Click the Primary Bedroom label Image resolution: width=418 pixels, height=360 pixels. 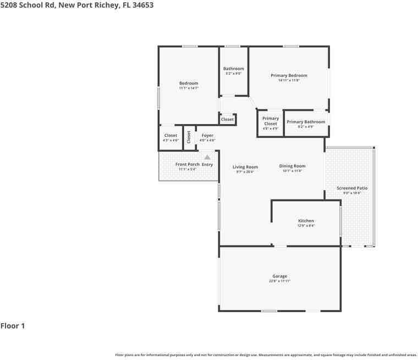point(289,75)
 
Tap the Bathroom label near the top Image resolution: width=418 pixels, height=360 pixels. point(233,69)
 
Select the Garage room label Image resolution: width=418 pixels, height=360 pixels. point(279,276)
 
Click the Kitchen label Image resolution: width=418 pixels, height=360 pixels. point(305,221)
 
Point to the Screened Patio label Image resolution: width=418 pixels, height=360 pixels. point(352,188)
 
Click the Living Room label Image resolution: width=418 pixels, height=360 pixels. point(245,167)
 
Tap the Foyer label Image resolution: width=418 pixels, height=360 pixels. point(207,135)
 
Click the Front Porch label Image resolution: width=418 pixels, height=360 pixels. point(187,164)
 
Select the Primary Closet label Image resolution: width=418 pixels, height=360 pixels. point(271,121)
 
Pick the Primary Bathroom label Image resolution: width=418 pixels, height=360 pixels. point(306,122)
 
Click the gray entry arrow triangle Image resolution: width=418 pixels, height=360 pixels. point(207,157)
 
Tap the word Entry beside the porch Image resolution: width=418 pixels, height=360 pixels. point(207,164)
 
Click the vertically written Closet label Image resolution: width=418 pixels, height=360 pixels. point(189,137)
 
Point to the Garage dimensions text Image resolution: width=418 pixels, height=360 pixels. point(279,281)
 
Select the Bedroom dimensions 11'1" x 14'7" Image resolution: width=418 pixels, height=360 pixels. point(189,88)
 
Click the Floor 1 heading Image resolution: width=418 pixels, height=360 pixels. point(13,326)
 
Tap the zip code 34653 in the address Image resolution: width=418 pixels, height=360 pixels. point(142,5)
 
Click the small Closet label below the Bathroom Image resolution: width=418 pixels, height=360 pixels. point(227,119)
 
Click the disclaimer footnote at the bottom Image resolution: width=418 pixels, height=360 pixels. point(266,355)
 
